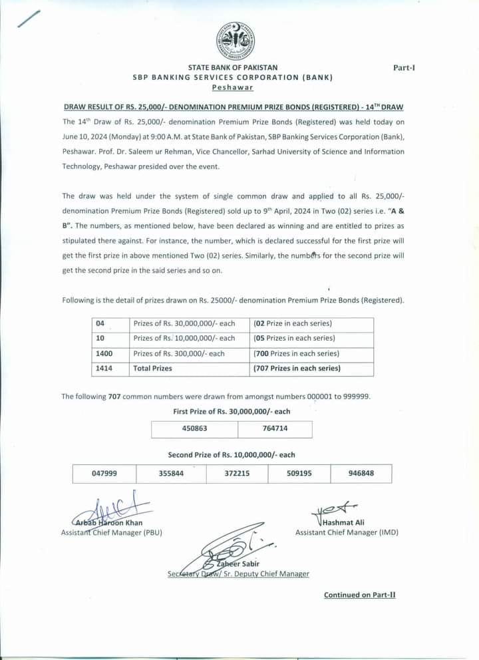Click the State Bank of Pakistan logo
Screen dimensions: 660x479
tap(236, 41)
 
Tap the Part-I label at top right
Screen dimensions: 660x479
tap(404, 68)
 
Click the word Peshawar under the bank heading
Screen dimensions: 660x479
tap(232, 87)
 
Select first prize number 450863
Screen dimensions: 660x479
tap(194, 428)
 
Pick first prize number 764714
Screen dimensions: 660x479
tap(275, 428)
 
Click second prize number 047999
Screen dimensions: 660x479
tap(104, 473)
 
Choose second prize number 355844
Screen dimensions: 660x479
tap(171, 473)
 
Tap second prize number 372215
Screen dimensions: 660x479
tap(236, 473)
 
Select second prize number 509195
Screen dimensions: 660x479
tap(299, 473)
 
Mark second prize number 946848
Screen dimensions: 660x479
tap(361, 473)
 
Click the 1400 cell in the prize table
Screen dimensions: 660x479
tap(104, 354)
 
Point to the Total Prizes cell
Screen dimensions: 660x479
tap(152, 368)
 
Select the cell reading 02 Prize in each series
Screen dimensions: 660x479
tap(293, 323)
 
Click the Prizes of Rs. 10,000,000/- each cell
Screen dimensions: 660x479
tap(184, 338)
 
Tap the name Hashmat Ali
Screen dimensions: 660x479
tap(343, 522)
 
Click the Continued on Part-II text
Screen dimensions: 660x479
tap(359, 595)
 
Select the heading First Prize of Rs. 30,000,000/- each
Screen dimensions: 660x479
tap(232, 412)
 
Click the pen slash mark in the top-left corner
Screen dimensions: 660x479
tap(29, 19)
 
